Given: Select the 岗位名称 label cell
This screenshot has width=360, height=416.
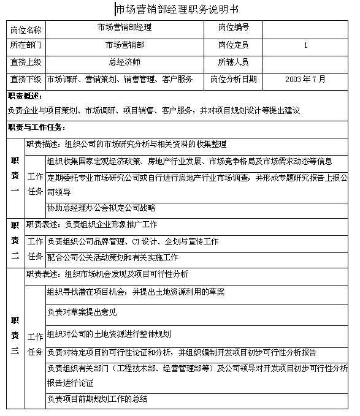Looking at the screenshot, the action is [x=26, y=28].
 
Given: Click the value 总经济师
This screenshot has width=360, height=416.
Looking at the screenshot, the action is [x=124, y=62].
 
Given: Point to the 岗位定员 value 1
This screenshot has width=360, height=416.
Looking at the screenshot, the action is [x=305, y=45].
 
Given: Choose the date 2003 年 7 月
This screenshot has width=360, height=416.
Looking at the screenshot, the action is [x=305, y=79].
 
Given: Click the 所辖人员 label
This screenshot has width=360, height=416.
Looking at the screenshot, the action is [x=233, y=62].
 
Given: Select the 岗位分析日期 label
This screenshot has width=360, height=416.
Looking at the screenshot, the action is [x=233, y=79].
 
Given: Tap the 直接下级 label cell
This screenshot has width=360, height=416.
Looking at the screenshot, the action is [x=26, y=79].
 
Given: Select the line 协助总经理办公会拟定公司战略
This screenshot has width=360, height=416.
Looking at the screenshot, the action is [x=101, y=208].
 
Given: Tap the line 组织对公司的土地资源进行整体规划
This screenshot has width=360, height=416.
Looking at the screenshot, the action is [x=109, y=334].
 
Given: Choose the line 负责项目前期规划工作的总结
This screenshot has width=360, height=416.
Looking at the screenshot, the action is [x=97, y=399].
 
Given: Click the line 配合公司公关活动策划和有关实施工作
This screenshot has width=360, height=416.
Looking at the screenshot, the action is [x=112, y=257].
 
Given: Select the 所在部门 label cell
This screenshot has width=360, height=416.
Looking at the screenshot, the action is [x=26, y=45].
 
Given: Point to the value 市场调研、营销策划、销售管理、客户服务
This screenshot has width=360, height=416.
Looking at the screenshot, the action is [x=120, y=79].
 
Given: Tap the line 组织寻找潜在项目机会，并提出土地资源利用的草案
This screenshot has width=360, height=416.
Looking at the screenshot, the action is [x=136, y=291].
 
